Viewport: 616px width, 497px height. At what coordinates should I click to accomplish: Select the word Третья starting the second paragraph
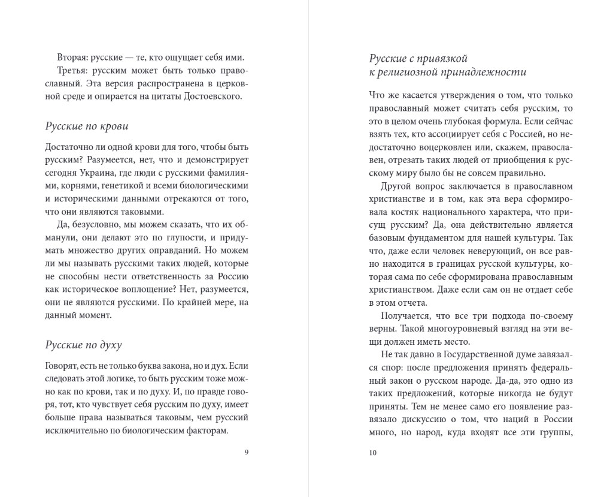(x=73, y=71)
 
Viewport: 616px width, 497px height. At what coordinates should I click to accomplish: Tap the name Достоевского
(x=215, y=97)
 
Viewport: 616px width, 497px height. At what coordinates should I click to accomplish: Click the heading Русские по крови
(x=86, y=126)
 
